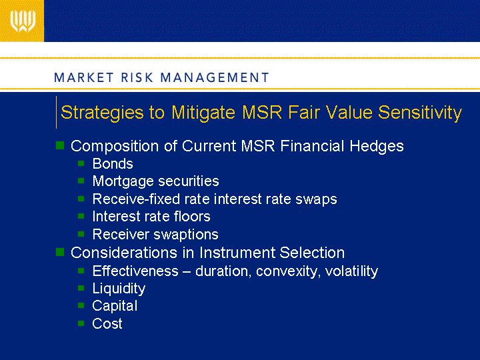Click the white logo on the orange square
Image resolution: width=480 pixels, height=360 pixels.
[23, 21]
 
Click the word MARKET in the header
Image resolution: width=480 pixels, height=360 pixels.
[84, 77]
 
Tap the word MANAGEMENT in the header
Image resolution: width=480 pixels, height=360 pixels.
[215, 77]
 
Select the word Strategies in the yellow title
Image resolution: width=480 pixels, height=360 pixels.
[102, 113]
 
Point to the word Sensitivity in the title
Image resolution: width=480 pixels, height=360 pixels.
[420, 113]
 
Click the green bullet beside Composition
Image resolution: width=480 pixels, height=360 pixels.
[60, 145]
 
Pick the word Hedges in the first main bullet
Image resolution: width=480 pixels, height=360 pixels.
[377, 146]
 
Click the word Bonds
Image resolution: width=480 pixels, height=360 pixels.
[113, 164]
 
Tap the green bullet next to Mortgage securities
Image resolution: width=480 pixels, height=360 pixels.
[81, 181]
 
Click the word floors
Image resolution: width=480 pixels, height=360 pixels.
[192, 217]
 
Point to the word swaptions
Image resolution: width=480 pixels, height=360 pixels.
[186, 235]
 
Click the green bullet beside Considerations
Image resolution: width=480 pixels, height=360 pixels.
[60, 252]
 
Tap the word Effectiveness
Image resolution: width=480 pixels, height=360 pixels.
[135, 271]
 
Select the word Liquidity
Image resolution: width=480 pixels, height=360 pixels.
[119, 289]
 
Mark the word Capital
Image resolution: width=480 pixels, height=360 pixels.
[115, 306]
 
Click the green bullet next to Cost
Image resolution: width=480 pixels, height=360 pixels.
[81, 323]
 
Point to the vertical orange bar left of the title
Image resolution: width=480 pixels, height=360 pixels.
[56, 113]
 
